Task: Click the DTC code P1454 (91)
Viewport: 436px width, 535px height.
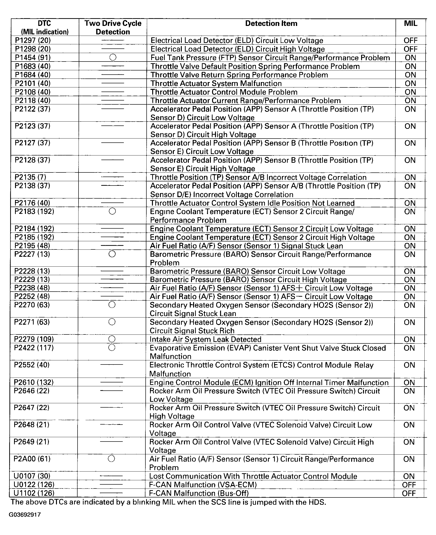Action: click(x=33, y=57)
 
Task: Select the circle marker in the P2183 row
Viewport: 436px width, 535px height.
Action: click(x=112, y=211)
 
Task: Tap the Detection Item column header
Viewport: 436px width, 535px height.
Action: click(x=271, y=23)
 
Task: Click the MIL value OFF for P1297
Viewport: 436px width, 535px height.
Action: click(x=411, y=40)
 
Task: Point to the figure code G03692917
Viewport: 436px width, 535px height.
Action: click(x=25, y=515)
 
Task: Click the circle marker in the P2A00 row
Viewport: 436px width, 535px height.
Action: click(x=111, y=459)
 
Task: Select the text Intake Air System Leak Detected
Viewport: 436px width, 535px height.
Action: click(x=206, y=339)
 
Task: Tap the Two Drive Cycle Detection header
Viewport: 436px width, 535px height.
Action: click(x=113, y=27)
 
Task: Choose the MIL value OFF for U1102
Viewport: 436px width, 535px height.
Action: click(x=409, y=493)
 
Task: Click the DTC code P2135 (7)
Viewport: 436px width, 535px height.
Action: click(x=30, y=177)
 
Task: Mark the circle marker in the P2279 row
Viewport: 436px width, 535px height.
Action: click(x=112, y=339)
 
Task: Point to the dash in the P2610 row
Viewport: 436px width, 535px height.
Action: click(x=111, y=382)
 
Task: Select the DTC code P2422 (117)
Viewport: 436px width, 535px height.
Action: click(x=34, y=348)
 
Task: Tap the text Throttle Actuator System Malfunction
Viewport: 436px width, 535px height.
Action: click(x=216, y=83)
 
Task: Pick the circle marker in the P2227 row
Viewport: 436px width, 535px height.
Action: click(x=112, y=254)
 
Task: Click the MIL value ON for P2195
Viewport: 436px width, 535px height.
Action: click(x=410, y=246)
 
